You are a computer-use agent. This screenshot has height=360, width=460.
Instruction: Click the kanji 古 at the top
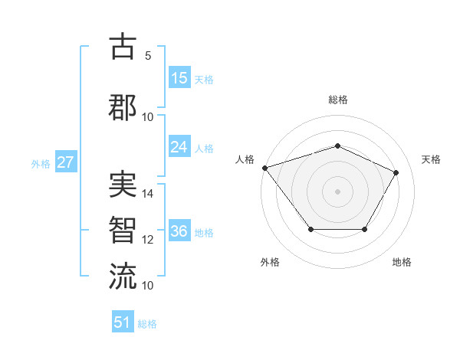click(123, 47)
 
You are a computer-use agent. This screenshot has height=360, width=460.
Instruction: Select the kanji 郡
click(123, 106)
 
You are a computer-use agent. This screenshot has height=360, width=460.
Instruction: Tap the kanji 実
click(123, 185)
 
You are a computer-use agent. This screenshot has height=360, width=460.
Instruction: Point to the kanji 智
click(123, 230)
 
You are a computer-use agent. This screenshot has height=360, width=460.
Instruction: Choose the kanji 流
click(123, 275)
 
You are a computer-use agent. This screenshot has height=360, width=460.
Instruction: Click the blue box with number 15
click(179, 77)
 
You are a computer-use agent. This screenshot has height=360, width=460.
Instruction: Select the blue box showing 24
click(179, 147)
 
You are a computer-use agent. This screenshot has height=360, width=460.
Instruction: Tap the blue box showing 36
click(179, 231)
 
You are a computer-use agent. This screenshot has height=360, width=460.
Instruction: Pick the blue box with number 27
click(65, 162)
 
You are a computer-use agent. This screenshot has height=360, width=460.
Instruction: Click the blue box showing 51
click(123, 322)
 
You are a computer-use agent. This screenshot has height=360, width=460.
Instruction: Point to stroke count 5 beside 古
click(148, 56)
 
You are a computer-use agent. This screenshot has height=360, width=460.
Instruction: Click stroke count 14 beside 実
click(148, 195)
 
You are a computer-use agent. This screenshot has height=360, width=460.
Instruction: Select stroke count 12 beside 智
click(148, 240)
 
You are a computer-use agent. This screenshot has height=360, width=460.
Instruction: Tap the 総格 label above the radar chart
click(337, 100)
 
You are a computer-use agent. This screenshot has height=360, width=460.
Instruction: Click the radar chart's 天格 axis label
click(431, 159)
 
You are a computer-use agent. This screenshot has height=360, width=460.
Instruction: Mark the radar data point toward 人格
click(264, 168)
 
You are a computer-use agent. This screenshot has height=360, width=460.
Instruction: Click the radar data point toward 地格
click(364, 229)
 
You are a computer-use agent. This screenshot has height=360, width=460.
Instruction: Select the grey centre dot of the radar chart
click(337, 191)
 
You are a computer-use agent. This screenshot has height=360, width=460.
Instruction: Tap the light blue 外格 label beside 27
click(41, 163)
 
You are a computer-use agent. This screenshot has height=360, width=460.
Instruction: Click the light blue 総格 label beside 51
click(148, 324)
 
